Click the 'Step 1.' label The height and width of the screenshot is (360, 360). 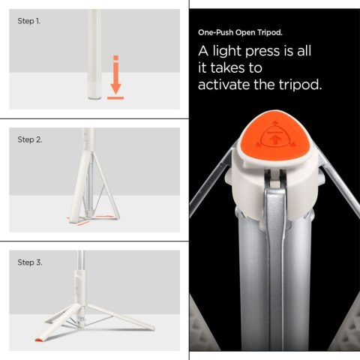29,21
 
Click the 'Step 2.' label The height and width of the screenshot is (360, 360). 29,140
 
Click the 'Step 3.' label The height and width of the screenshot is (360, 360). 29,262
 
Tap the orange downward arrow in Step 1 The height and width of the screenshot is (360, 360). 115,72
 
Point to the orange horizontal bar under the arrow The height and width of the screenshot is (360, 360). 115,96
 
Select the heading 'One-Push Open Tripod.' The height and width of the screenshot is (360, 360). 240,34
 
